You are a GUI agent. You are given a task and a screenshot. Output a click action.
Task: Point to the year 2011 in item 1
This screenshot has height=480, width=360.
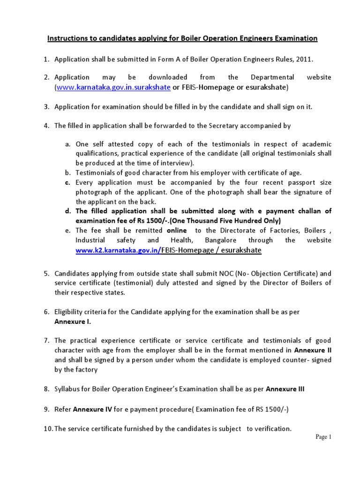pos(301,59)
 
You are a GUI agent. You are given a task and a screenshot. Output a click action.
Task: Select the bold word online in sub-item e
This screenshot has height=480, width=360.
pos(176,231)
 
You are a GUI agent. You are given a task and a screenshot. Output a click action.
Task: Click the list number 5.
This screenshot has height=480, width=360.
pos(47,273)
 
